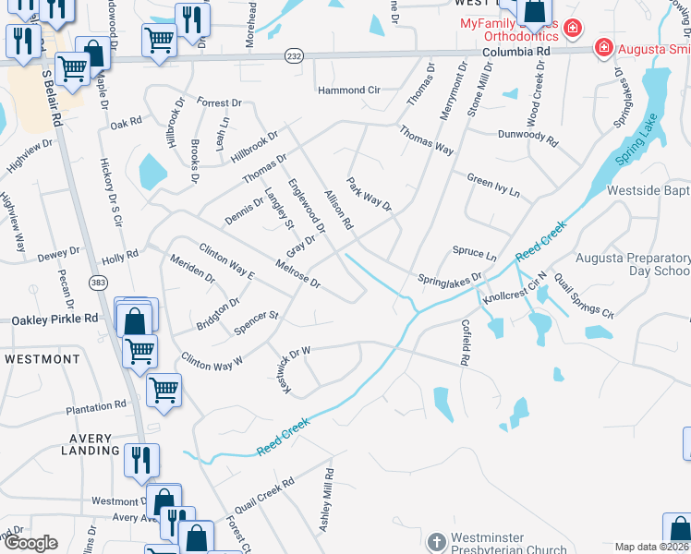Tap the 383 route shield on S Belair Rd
click(98, 281)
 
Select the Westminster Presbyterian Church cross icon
click(437, 540)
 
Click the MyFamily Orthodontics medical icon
click(574, 29)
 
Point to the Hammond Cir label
click(349, 90)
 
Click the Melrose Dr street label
click(297, 273)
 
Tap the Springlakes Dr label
click(450, 278)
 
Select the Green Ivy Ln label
click(493, 187)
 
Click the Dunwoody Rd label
click(527, 137)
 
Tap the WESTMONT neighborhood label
click(42, 358)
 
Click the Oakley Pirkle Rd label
click(55, 319)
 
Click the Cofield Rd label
click(466, 341)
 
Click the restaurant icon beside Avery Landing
click(141, 460)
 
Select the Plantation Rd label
click(96, 407)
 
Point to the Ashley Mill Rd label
click(326, 498)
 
